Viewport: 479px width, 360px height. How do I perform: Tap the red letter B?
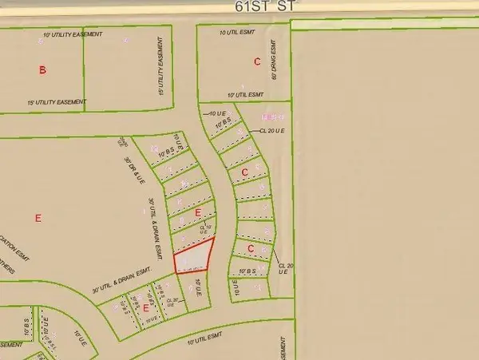coord(42,71)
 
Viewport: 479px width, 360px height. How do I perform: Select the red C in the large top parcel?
coord(256,61)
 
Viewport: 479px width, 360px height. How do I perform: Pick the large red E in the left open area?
coord(38,217)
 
